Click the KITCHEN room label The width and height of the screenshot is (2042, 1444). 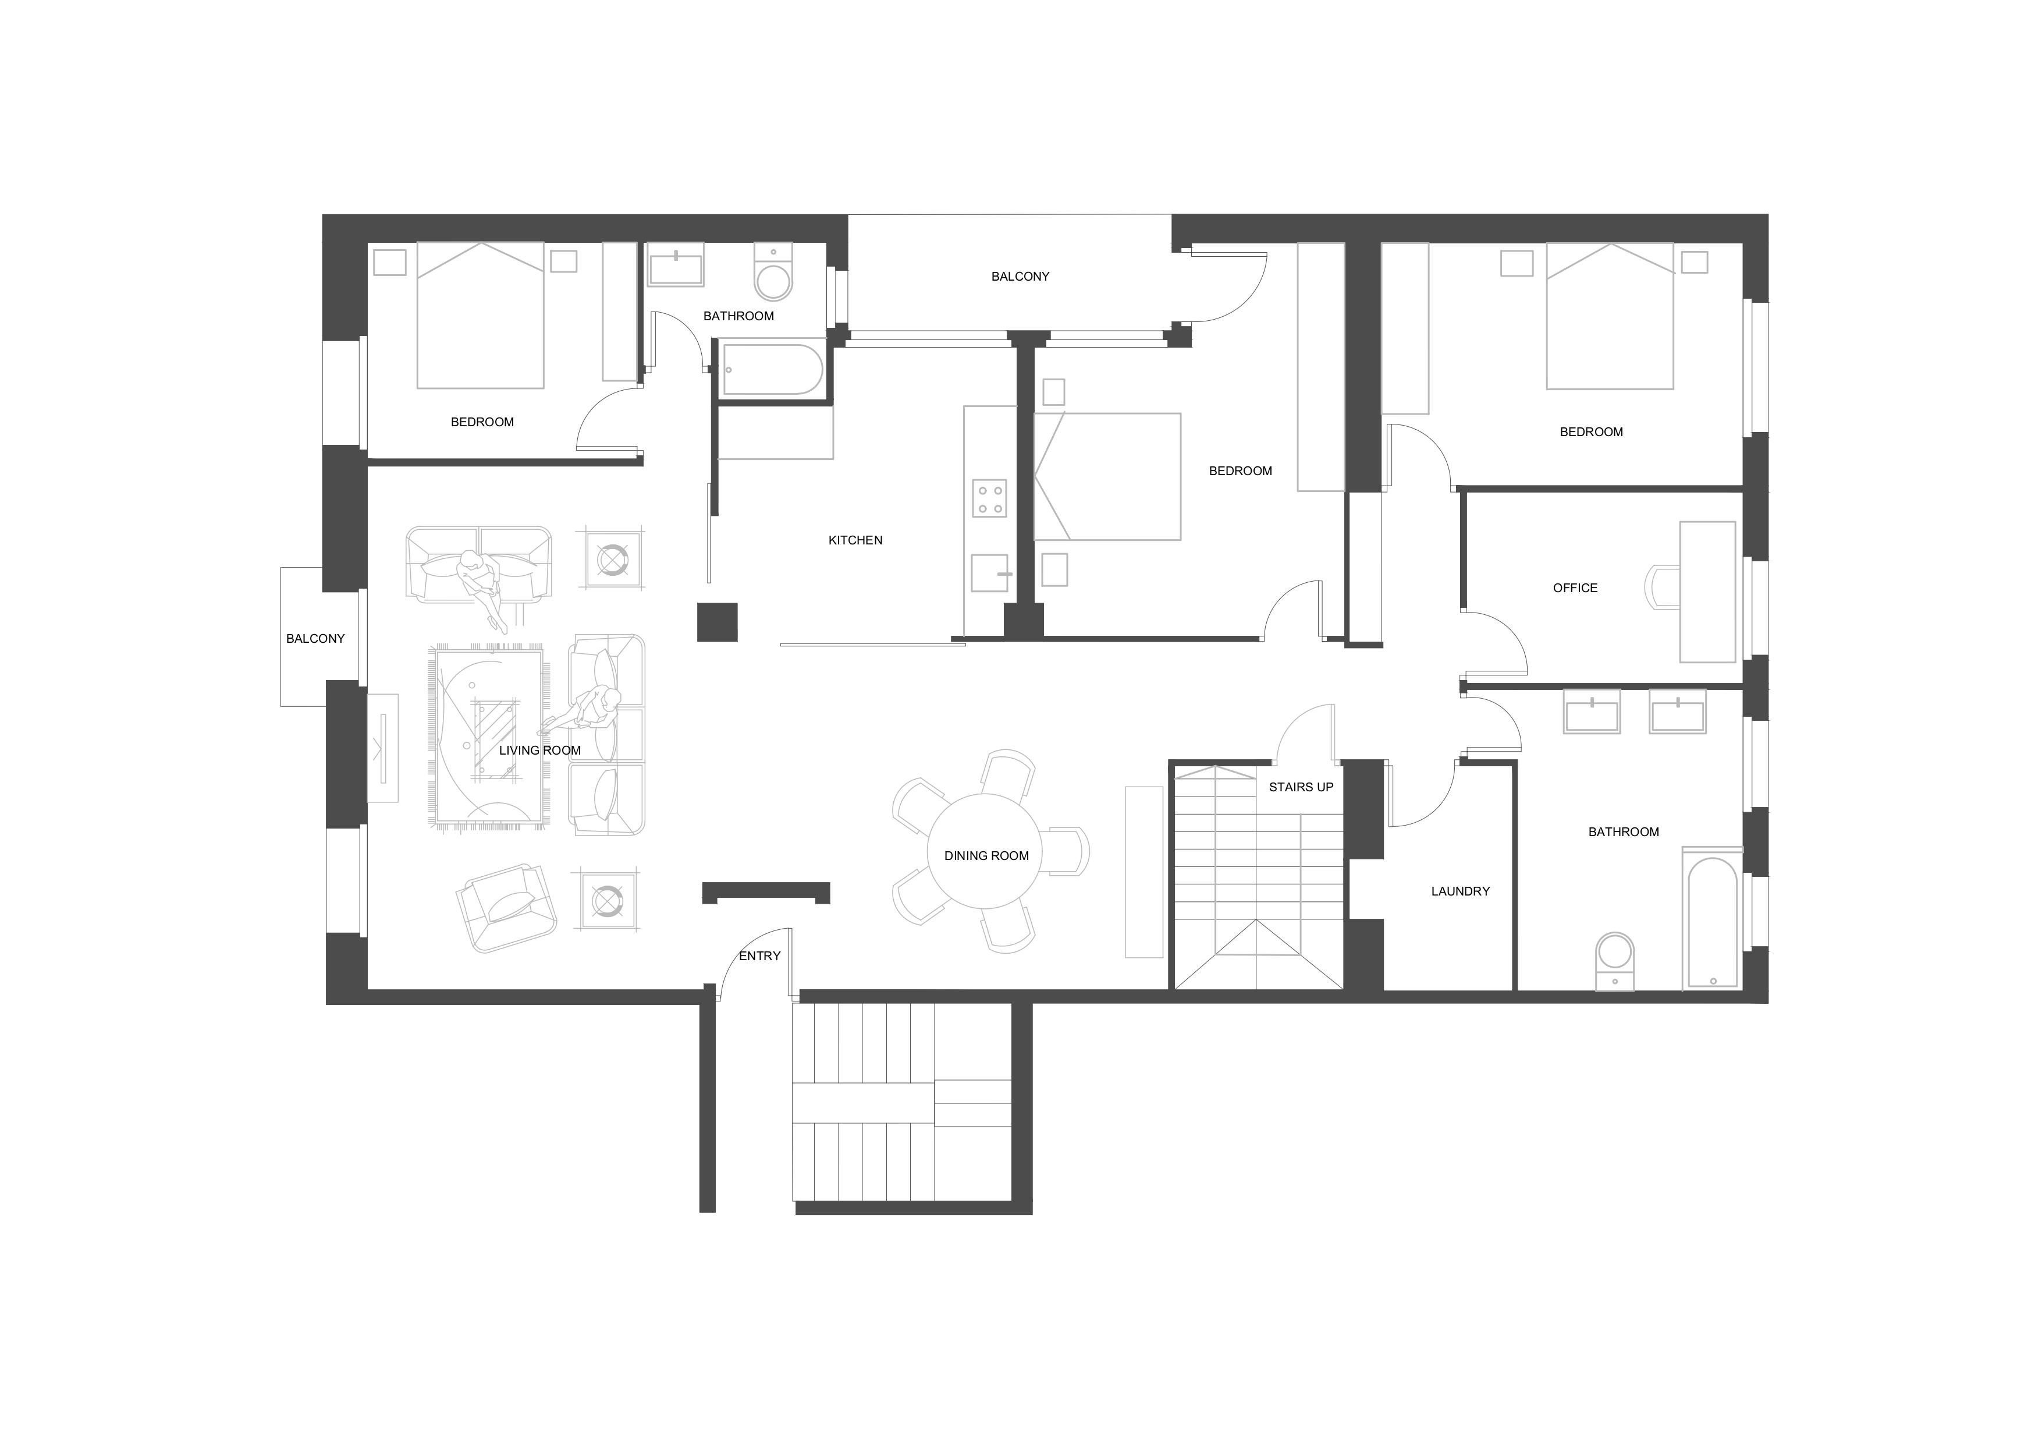pyautogui.click(x=855, y=540)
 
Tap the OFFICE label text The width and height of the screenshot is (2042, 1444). pyautogui.click(x=1575, y=588)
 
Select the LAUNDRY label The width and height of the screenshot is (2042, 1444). pyautogui.click(x=1460, y=891)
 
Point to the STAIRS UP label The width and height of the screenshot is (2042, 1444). pyautogui.click(x=1301, y=787)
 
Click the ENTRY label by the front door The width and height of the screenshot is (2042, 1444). pyautogui.click(x=759, y=955)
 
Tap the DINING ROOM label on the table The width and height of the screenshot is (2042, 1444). pyautogui.click(x=986, y=856)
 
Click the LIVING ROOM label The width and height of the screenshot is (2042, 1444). pyautogui.click(x=540, y=750)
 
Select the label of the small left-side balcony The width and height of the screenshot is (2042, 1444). pyautogui.click(x=315, y=639)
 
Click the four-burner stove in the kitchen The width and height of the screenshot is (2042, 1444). pyautogui.click(x=989, y=497)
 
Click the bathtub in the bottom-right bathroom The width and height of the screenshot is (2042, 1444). pyautogui.click(x=1712, y=922)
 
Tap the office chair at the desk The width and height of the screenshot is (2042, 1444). pyautogui.click(x=1662, y=587)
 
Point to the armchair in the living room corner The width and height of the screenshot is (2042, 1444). pyautogui.click(x=506, y=908)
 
